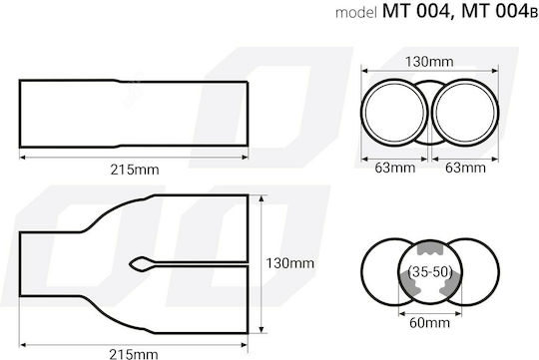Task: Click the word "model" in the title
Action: tap(356, 13)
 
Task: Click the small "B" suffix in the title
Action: tap(533, 14)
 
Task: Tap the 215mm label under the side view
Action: tap(135, 170)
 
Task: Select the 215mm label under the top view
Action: tap(134, 354)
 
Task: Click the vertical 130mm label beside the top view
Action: tap(289, 263)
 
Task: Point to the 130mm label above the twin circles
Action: tap(429, 62)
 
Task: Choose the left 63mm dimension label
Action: tap(395, 168)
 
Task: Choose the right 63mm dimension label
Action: tap(466, 168)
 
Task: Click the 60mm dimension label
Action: tap(429, 322)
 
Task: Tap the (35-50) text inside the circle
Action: tap(429, 272)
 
